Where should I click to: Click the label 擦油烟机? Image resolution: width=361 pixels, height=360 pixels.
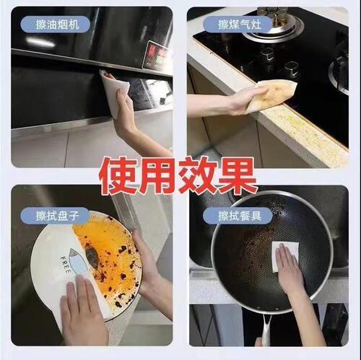coord(64,25)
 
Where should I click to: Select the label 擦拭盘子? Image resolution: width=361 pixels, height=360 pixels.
coord(64,216)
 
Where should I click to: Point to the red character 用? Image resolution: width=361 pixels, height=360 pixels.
coord(161,175)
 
